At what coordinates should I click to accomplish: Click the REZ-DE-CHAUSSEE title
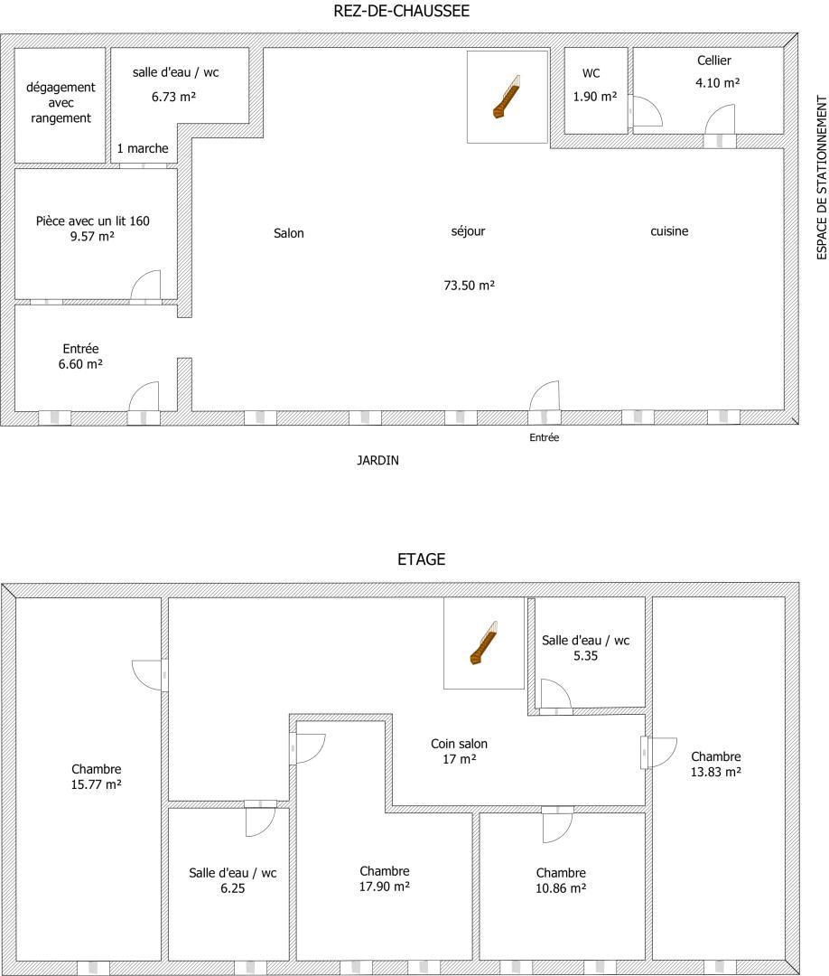click(401, 11)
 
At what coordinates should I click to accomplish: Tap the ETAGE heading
click(421, 559)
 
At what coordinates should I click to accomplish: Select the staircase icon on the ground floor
click(507, 97)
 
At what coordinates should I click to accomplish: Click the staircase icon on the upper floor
click(483, 643)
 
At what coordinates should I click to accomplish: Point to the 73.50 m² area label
click(469, 285)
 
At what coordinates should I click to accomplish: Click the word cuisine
click(669, 231)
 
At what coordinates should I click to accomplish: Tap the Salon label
click(289, 233)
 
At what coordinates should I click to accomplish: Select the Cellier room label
click(714, 61)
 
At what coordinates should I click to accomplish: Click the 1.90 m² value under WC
click(594, 97)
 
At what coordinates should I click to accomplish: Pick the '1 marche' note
click(143, 148)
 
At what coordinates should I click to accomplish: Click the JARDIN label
click(377, 461)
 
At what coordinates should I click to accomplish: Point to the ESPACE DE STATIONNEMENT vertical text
click(822, 177)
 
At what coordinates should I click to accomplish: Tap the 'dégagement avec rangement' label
click(61, 102)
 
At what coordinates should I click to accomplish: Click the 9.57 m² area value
click(92, 237)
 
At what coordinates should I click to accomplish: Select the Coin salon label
click(459, 743)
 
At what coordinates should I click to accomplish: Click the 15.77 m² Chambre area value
click(96, 784)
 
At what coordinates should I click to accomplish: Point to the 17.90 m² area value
click(385, 887)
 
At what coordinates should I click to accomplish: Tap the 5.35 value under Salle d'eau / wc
click(585, 655)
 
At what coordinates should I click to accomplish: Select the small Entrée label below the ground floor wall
click(545, 437)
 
